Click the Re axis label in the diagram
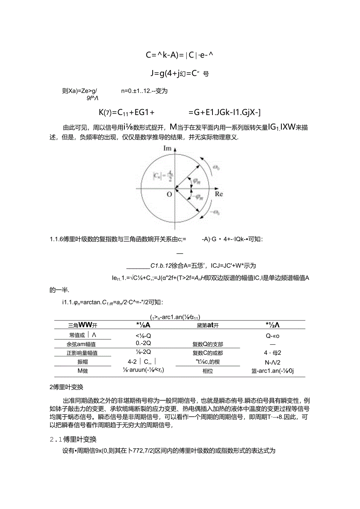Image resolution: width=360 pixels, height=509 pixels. coord(219,194)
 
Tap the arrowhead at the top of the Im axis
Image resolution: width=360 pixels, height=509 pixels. coord(175,148)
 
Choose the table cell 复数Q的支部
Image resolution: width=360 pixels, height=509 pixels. coord(208,344)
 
